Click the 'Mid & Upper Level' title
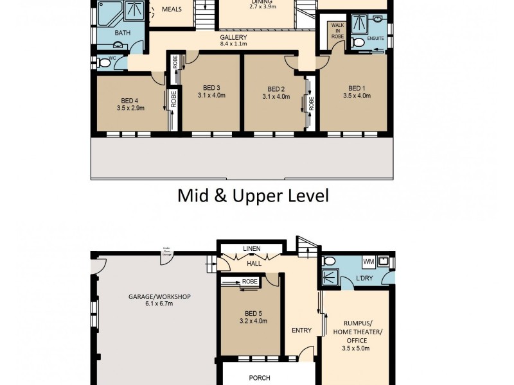tap(253, 195)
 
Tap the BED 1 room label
tap(355, 89)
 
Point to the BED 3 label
tap(211, 88)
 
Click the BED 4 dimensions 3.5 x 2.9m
tap(130, 108)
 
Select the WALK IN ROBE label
tap(337, 31)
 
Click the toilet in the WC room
tap(104, 63)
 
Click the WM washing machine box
tap(368, 262)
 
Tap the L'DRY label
tap(365, 278)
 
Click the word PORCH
tap(260, 378)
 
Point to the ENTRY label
tap(301, 330)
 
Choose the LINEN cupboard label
tap(251, 248)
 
